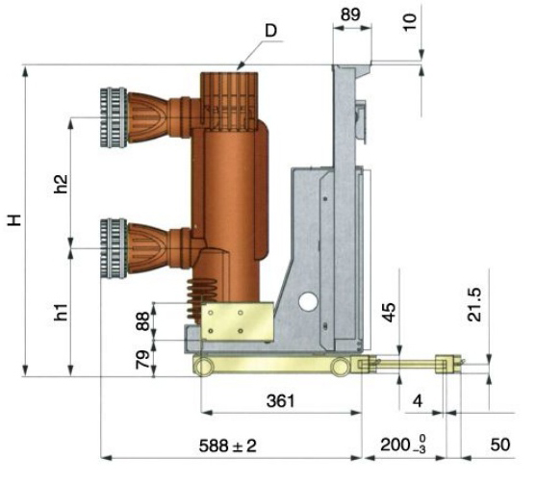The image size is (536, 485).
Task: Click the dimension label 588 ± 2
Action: coord(228,446)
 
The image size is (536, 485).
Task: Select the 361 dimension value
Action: coord(280,400)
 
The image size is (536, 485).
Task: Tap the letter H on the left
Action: coord(14,220)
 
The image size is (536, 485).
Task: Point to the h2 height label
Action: coord(62,184)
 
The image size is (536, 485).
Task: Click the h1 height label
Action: coord(62,312)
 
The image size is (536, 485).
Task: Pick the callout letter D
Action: coord(270,31)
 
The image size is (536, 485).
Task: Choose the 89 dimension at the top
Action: coord(350,14)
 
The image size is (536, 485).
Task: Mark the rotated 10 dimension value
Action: coord(410,22)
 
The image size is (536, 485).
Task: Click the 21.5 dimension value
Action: coord(474,305)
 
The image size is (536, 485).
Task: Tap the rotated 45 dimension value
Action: coord(390,313)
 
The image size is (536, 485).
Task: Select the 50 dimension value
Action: coord(500,445)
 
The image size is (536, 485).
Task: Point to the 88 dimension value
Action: coord(142,321)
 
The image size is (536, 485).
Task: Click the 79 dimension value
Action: coord(142,359)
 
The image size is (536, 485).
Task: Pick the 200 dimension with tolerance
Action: coord(403,446)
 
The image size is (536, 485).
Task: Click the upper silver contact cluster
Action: coord(114,117)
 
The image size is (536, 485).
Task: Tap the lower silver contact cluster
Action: coord(114,248)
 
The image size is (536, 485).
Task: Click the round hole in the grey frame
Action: coord(308,301)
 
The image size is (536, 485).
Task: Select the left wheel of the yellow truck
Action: coord(203,367)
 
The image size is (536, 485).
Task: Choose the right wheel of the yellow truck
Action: coord(341,367)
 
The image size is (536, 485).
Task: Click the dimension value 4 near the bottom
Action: coord(418,401)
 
